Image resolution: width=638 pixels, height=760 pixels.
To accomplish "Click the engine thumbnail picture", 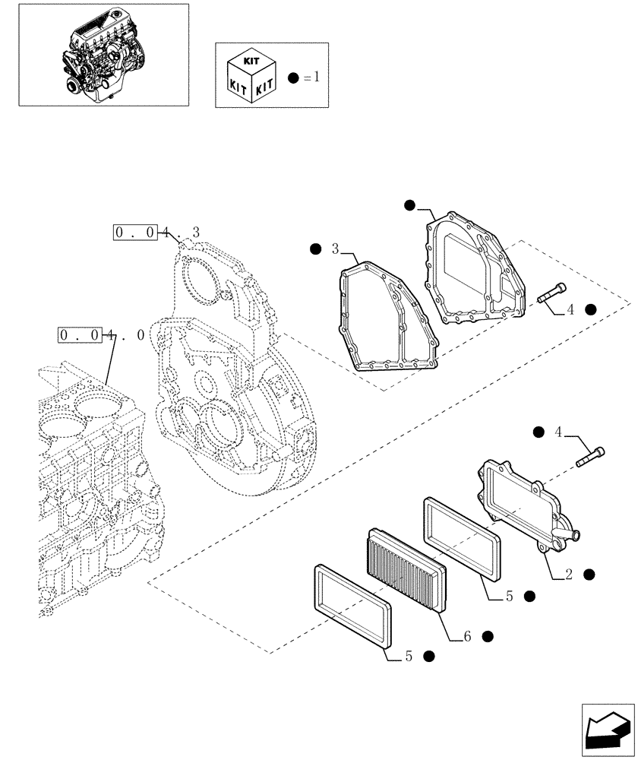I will pos(103,54).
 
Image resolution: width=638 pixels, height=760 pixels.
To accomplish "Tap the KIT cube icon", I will pos(250,76).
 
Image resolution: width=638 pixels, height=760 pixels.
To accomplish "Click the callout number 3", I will pos(335,249).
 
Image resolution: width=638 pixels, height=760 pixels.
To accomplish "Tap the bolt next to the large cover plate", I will pos(551,293).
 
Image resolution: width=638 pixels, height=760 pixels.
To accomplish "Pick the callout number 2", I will pos(567,575).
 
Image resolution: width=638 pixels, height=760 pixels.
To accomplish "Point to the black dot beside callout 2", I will pos(589,575).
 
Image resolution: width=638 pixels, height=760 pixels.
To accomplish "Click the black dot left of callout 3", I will pos(315,249).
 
